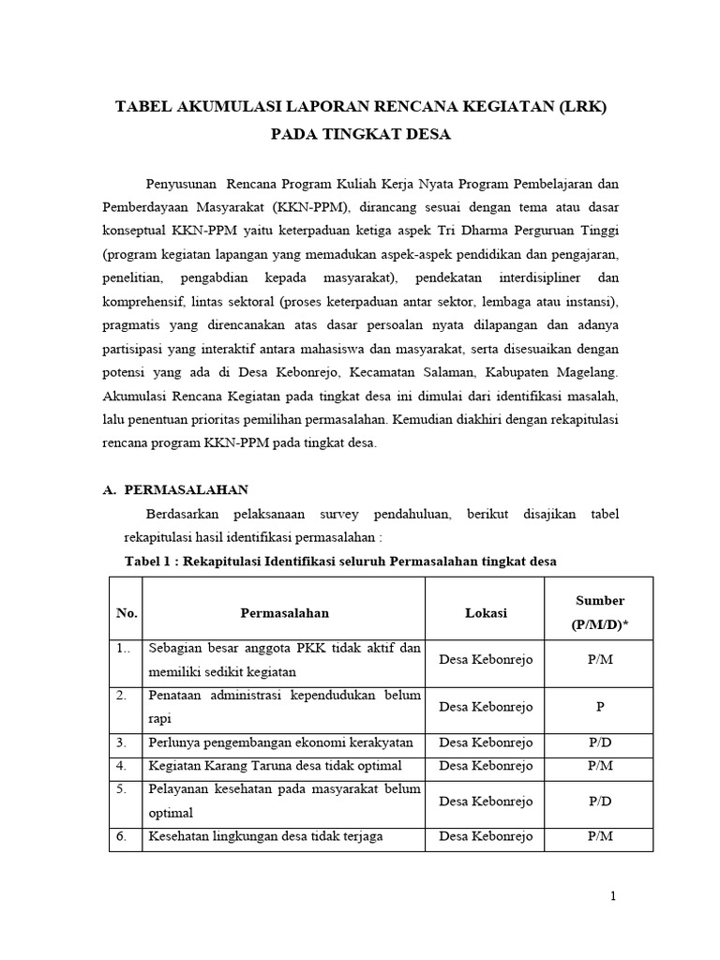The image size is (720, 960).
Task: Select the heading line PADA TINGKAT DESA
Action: point(360,135)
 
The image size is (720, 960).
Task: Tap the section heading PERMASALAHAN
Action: point(187,489)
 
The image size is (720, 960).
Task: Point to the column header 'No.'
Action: point(127,613)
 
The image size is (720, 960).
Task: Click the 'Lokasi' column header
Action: point(486,613)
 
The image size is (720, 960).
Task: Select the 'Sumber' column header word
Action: point(600,601)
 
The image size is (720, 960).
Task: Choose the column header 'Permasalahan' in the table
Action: point(284,613)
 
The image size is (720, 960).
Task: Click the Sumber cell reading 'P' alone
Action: point(600,708)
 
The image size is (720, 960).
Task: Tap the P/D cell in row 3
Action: point(600,742)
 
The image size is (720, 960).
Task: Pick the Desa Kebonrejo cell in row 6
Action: point(486,836)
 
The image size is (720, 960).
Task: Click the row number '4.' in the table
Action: point(122,766)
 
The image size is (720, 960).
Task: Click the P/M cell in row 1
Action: point(600,660)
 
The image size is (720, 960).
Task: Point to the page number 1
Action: point(613,896)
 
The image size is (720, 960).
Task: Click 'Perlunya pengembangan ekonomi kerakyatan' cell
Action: point(280,742)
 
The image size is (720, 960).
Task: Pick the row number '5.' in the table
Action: point(122,789)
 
